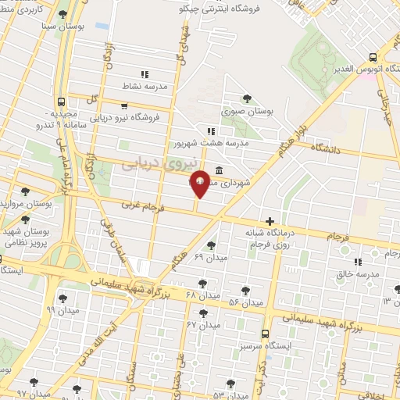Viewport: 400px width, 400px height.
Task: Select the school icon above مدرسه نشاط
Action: pyautogui.click(x=145, y=74)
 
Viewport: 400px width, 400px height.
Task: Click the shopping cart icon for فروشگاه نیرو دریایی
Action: pyautogui.click(x=124, y=105)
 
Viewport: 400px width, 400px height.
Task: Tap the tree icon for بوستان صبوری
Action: pyautogui.click(x=247, y=98)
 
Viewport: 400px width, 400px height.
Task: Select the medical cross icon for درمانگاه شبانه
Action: pyautogui.click(x=270, y=221)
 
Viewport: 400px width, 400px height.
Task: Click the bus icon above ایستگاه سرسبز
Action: pyautogui.click(x=266, y=332)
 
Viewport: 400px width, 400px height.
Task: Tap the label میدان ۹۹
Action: pyautogui.click(x=62, y=309)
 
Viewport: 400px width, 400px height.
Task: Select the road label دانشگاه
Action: pyautogui.click(x=328, y=147)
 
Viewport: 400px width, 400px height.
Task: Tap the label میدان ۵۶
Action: pyautogui.click(x=245, y=302)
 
